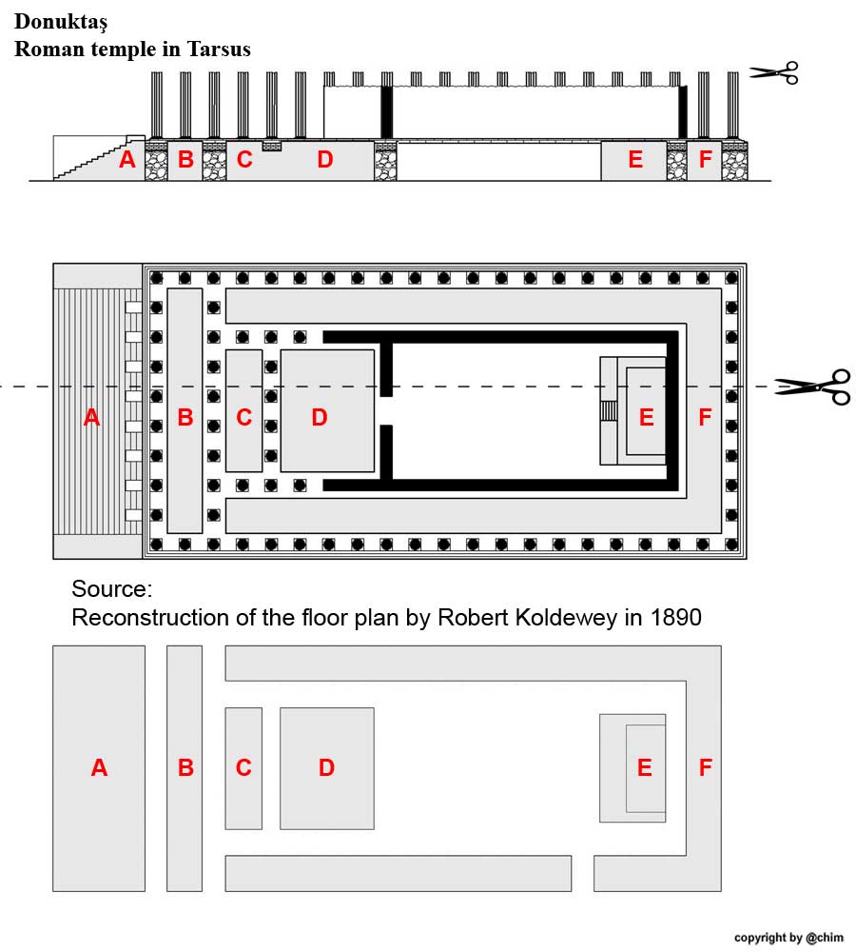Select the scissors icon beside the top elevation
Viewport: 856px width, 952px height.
[773, 72]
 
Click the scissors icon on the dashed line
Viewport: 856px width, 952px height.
[812, 387]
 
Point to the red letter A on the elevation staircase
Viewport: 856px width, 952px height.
[127, 160]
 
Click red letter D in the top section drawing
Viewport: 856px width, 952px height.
[325, 160]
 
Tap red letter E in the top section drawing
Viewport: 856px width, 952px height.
[635, 160]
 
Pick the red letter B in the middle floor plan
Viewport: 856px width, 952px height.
[185, 417]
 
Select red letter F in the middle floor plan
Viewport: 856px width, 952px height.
[705, 417]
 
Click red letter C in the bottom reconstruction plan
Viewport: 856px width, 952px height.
[243, 767]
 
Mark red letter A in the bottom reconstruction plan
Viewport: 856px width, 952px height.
[99, 767]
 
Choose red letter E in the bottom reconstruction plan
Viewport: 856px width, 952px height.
[645, 767]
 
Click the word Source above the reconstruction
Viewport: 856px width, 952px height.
[111, 587]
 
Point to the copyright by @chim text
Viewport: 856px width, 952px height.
[788, 938]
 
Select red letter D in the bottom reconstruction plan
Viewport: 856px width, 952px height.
[326, 767]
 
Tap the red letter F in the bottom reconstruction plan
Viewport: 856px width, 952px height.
[705, 767]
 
